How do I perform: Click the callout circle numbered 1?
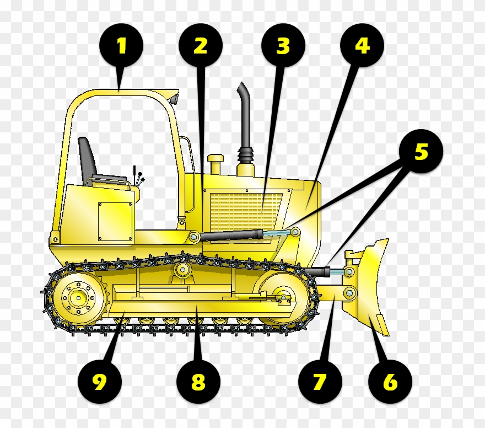click(x=121, y=46)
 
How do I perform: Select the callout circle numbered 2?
click(x=201, y=46)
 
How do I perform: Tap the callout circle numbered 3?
click(x=283, y=46)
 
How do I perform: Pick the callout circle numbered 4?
click(x=362, y=46)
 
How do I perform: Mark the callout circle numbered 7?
click(x=320, y=382)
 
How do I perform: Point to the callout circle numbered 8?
click(x=198, y=382)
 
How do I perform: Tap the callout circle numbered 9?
click(x=99, y=382)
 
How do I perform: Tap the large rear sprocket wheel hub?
click(x=78, y=298)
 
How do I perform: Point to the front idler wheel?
click(x=282, y=298)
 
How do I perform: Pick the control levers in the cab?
click(x=137, y=178)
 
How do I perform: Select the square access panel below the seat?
click(x=116, y=221)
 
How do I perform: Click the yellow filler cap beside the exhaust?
click(x=215, y=164)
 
